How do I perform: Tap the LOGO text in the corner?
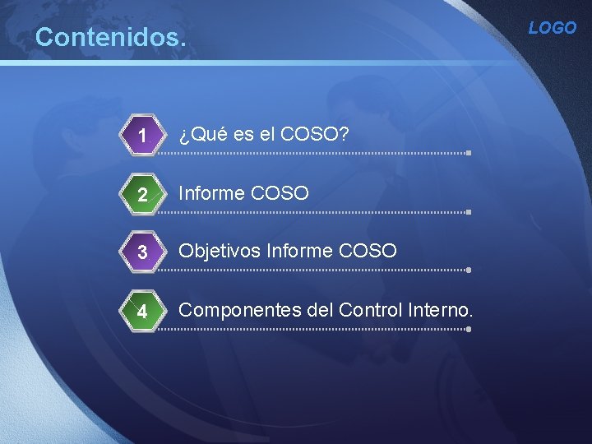pyautogui.click(x=553, y=28)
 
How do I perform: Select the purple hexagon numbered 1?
pyautogui.click(x=143, y=135)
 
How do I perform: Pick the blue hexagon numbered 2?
pyautogui.click(x=143, y=194)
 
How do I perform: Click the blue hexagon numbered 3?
pyautogui.click(x=143, y=252)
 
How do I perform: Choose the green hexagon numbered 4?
pyautogui.click(x=143, y=312)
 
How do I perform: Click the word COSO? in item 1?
pyautogui.click(x=315, y=133)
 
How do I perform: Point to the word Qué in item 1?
pyautogui.click(x=206, y=133)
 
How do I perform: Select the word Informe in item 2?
pyautogui.click(x=212, y=193)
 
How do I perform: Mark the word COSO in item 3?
pyautogui.click(x=368, y=250)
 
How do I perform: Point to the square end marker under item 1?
pyautogui.click(x=468, y=153)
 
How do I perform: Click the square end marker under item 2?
pyautogui.click(x=468, y=211)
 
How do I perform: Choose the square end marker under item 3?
pyautogui.click(x=468, y=270)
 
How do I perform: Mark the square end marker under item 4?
pyautogui.click(x=468, y=329)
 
